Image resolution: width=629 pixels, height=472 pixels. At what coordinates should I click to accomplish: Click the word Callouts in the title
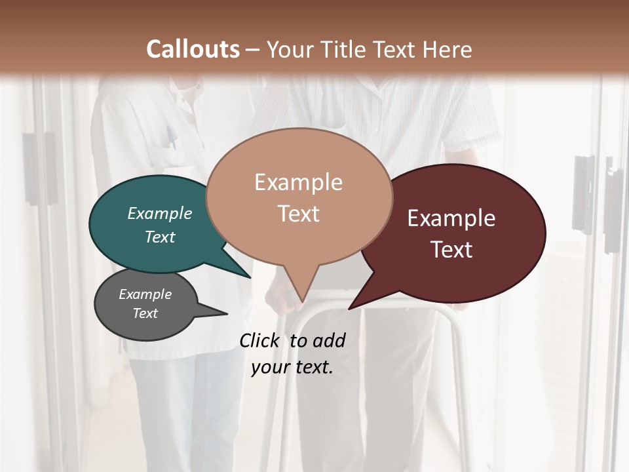pyautogui.click(x=193, y=49)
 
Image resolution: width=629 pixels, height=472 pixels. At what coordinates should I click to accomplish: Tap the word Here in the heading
pyautogui.click(x=445, y=49)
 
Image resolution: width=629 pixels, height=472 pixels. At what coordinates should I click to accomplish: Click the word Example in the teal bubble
pyautogui.click(x=160, y=213)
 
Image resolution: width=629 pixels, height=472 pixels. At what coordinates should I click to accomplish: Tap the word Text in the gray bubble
pyautogui.click(x=145, y=313)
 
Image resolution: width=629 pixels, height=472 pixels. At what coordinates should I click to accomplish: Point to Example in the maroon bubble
pyautogui.click(x=451, y=218)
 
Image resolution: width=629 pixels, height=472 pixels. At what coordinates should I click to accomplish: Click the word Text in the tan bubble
pyautogui.click(x=299, y=214)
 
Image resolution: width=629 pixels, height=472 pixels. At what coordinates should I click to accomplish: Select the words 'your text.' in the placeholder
pyautogui.click(x=292, y=367)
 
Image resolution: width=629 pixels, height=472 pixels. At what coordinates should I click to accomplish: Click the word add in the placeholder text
pyautogui.click(x=329, y=340)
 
